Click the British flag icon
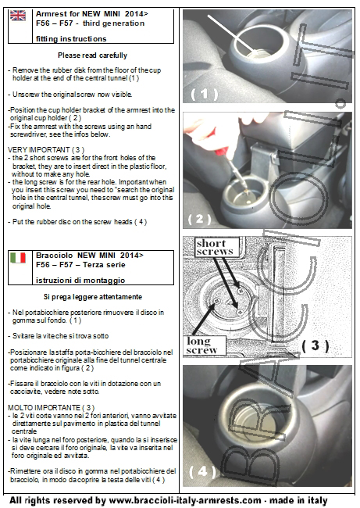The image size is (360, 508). point(18,15)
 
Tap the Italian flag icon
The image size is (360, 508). point(18,258)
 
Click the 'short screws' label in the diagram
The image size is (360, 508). point(214,247)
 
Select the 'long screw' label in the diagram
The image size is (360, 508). point(201,345)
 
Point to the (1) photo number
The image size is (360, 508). point(205,94)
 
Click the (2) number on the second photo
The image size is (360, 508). point(199,220)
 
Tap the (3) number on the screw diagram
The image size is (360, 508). point(315,345)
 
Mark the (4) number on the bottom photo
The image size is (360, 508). point(202,471)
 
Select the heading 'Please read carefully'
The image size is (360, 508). point(93,55)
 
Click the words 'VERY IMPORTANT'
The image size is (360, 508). point(39,150)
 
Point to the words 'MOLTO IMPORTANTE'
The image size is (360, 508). point(44,407)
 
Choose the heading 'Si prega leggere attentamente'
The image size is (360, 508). point(93,297)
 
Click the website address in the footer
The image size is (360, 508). point(185,500)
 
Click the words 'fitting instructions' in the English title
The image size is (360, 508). point(71,39)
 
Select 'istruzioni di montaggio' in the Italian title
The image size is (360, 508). point(80,281)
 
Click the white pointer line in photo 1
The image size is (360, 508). point(231,33)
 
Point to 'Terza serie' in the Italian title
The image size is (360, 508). point(104,265)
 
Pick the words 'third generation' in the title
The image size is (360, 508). point(114,23)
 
